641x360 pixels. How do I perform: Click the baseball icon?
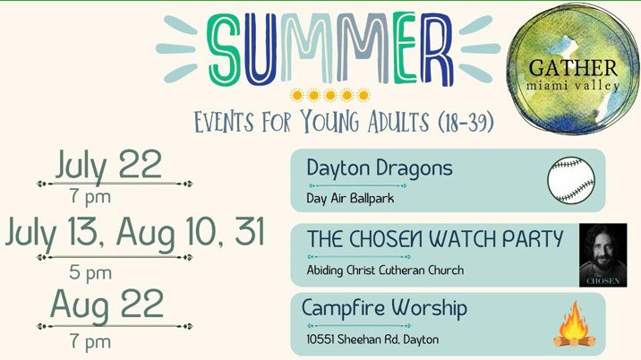coord(570,180)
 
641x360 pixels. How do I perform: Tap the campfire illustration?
coord(575,324)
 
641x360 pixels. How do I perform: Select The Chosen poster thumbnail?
coord(603,255)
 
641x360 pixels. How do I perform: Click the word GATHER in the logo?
coord(573,68)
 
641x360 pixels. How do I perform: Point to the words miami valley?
coord(573,86)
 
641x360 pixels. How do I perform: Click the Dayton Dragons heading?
coord(380,168)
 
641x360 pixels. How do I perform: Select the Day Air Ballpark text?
coord(350,199)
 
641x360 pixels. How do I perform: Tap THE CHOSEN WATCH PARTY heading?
coord(435,238)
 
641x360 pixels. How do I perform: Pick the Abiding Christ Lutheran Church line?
coord(385,270)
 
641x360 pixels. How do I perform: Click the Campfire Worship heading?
coord(384,309)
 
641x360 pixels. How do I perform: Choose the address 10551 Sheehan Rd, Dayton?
coord(372,339)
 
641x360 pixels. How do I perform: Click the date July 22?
coord(108,165)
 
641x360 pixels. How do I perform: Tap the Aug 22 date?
coord(107,304)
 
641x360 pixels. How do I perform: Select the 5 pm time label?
coord(90,273)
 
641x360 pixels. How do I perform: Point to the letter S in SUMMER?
coord(223,50)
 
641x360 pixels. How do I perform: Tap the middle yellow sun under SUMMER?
coord(330,95)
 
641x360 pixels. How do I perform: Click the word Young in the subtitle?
coord(329,122)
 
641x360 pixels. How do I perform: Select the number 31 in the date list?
coord(249,231)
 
